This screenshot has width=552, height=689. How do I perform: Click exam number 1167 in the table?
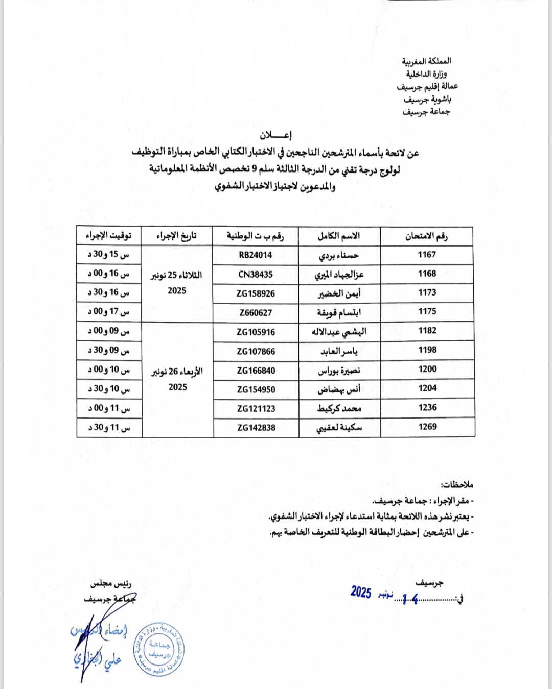click(x=427, y=255)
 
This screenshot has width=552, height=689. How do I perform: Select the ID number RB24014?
click(x=256, y=255)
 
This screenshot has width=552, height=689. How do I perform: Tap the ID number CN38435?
click(x=256, y=275)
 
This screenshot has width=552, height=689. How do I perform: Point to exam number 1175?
click(x=427, y=311)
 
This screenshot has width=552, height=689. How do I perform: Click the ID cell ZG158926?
click(x=256, y=294)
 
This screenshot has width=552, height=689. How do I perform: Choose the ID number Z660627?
click(x=256, y=313)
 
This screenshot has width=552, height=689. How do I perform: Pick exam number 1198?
click(x=427, y=350)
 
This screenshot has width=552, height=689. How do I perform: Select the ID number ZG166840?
click(x=256, y=371)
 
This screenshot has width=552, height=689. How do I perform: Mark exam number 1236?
click(x=427, y=408)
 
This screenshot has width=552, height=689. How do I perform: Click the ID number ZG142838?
click(x=256, y=428)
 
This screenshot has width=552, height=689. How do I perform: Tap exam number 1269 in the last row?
click(x=427, y=427)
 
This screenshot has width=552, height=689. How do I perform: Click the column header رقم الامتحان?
click(x=426, y=236)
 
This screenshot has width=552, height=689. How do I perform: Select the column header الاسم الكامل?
click(x=339, y=236)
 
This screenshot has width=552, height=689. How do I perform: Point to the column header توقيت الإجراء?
click(x=108, y=236)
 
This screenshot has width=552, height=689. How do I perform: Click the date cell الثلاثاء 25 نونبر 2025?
click(x=177, y=283)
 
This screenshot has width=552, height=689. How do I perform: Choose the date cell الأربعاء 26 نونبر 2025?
click(x=177, y=379)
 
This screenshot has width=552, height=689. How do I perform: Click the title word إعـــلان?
click(x=275, y=135)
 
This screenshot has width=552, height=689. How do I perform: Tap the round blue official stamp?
click(x=159, y=650)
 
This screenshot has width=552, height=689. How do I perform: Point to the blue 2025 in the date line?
click(x=361, y=592)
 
